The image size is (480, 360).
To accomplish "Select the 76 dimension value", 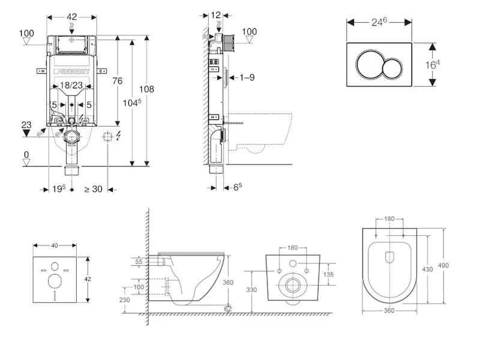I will (x=118, y=81).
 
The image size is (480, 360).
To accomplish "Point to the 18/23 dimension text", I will (x=72, y=86).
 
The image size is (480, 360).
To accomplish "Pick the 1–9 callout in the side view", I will (x=247, y=77).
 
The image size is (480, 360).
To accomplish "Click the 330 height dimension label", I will (x=251, y=290).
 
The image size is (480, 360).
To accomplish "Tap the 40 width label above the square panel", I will (x=55, y=245).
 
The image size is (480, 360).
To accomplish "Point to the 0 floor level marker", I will (x=26, y=155).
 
